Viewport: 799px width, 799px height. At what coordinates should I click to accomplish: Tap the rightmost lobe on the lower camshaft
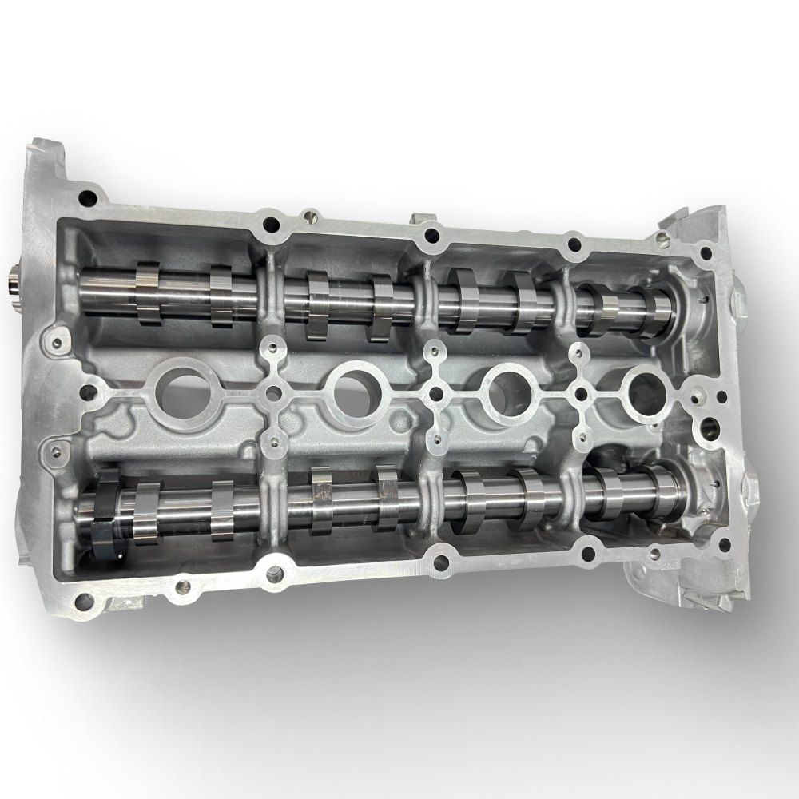(665, 489)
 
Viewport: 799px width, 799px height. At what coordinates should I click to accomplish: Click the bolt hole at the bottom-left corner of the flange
(80, 599)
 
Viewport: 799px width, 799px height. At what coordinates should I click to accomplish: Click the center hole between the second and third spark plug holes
(436, 392)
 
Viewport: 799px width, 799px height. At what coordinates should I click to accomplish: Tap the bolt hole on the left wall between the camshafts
(89, 392)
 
